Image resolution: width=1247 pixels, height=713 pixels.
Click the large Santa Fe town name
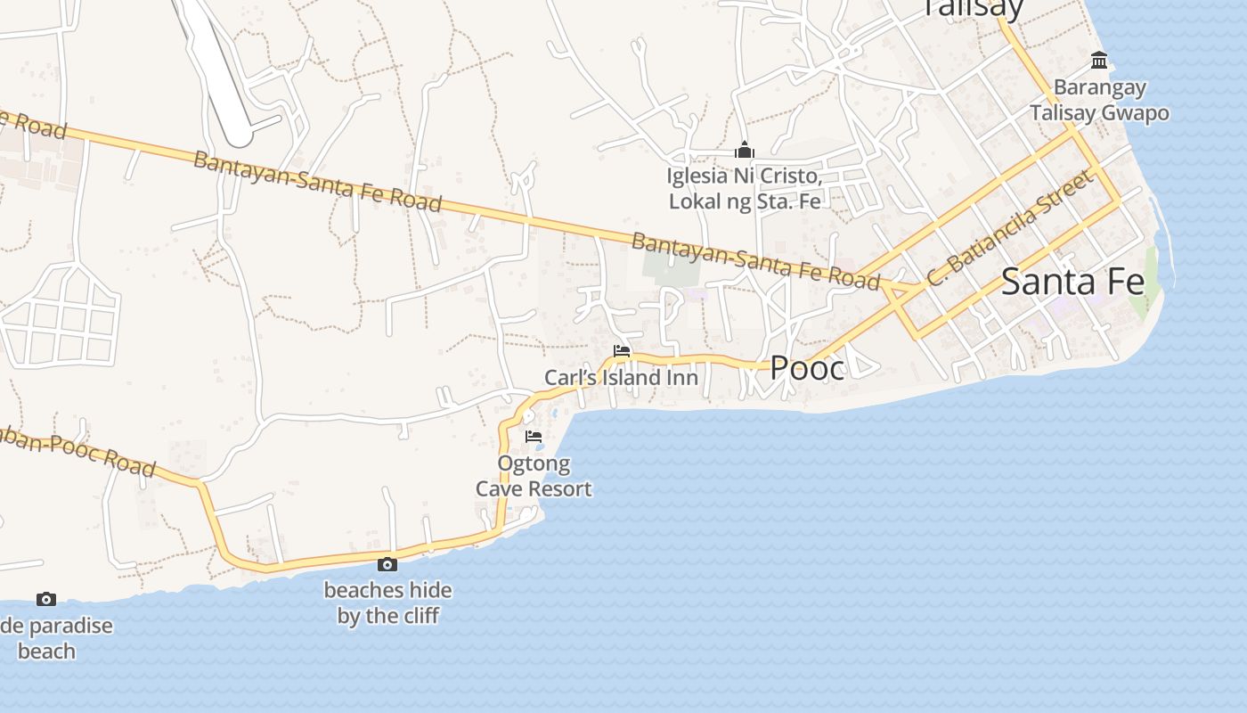coord(1072,282)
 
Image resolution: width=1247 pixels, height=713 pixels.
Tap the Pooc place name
coord(807,367)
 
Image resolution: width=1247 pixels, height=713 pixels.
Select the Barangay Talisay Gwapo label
coord(1099,101)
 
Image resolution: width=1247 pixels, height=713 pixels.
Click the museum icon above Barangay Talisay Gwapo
coord(1099,61)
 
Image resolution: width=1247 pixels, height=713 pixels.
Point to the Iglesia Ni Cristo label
coord(744,189)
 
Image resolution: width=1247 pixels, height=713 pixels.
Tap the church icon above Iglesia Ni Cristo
coord(744,150)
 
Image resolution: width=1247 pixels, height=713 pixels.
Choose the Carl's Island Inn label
coord(621,378)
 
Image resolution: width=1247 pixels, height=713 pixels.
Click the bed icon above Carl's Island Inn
coord(622,351)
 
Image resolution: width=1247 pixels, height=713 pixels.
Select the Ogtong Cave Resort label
coord(534,476)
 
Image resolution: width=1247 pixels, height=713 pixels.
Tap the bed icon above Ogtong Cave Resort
coord(534,437)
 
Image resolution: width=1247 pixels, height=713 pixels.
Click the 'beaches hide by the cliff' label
coord(387,602)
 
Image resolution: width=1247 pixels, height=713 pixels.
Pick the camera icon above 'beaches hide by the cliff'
coord(387,564)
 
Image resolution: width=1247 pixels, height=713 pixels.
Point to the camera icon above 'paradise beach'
coord(46,600)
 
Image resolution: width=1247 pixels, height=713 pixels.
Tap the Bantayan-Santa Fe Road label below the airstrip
coord(317,182)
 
